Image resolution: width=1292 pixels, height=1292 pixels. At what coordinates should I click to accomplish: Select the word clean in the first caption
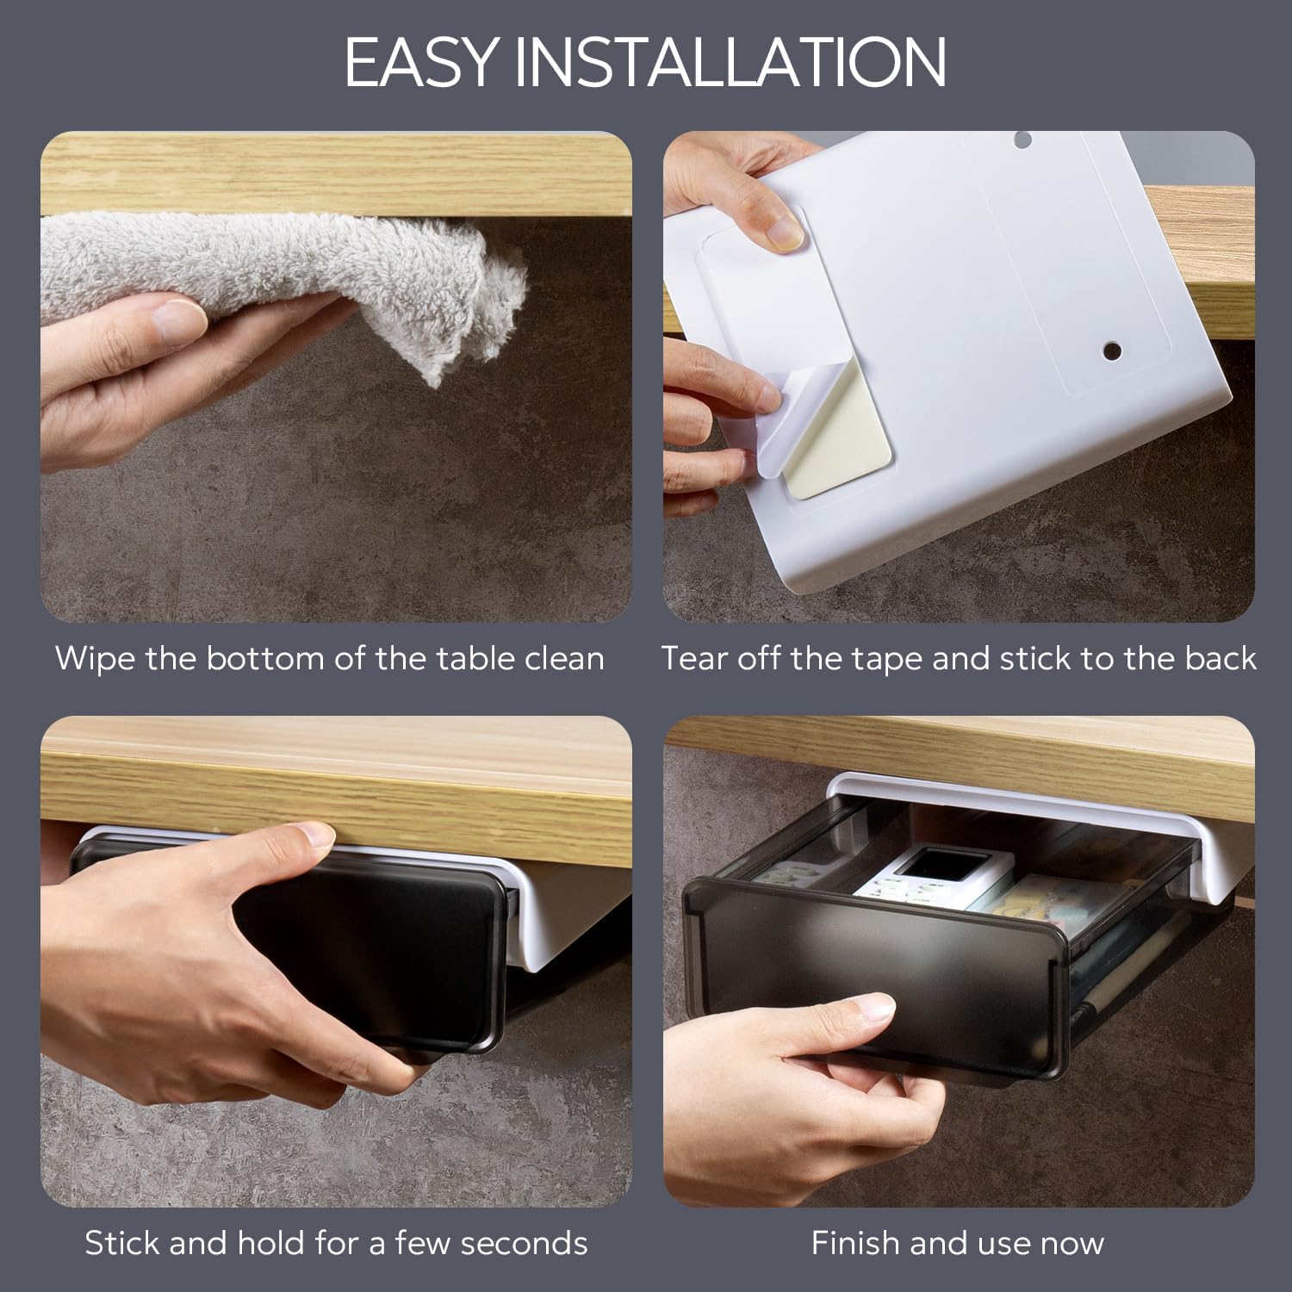[564, 659]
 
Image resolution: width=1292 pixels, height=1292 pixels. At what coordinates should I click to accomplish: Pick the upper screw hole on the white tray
[1022, 139]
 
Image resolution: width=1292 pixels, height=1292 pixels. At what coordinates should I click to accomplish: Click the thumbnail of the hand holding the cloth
[177, 320]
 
